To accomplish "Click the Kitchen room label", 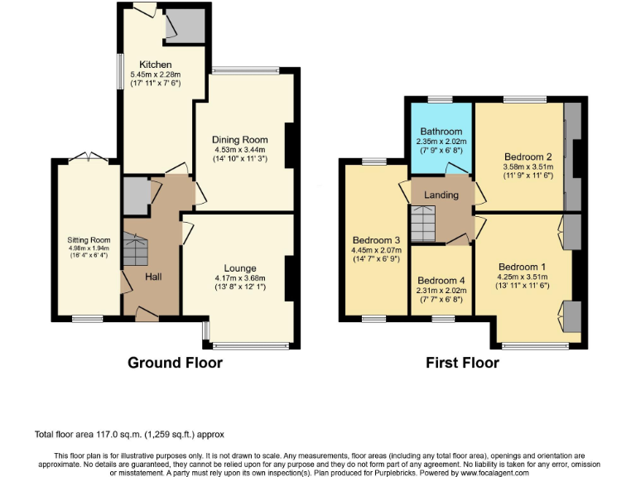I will pyautogui.click(x=156, y=65).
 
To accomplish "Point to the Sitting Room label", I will pyautogui.click(x=89, y=240).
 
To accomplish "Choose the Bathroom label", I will pyautogui.click(x=441, y=131).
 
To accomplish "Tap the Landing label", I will pyautogui.click(x=441, y=195).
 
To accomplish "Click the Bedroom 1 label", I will pyautogui.click(x=524, y=267).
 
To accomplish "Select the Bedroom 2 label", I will pyautogui.click(x=527, y=157).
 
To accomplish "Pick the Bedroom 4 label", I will pyautogui.click(x=441, y=280).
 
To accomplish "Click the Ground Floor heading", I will pyautogui.click(x=175, y=363).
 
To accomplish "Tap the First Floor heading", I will pyautogui.click(x=462, y=363).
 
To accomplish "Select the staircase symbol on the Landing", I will pyautogui.click(x=424, y=222).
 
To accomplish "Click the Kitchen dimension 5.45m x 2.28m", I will pyautogui.click(x=156, y=75).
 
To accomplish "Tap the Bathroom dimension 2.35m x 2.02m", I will pyautogui.click(x=441, y=141).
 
